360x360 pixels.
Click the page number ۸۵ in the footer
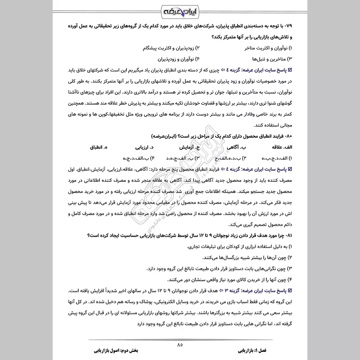[x=180, y=345]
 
